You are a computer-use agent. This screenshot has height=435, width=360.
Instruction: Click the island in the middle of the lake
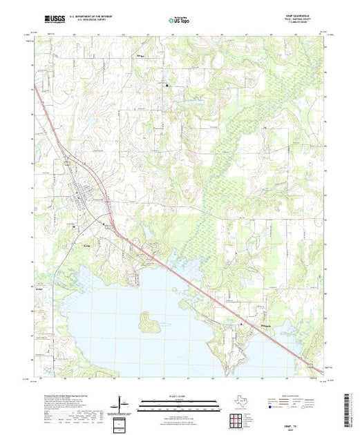[146, 320]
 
